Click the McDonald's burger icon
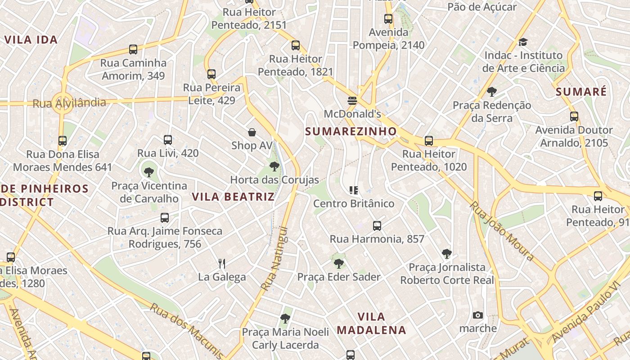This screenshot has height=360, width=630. (x=352, y=100)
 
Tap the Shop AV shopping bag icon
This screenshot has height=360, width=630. (x=252, y=132)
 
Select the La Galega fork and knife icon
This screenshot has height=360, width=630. (x=221, y=263)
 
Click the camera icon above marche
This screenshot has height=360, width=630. (x=478, y=315)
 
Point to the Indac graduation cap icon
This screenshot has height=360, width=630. (x=522, y=42)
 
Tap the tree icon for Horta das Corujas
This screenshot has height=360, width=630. (x=274, y=166)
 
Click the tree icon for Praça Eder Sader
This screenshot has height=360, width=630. (x=339, y=263)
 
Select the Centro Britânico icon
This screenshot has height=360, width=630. (x=354, y=190)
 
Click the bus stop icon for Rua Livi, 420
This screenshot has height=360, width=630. (x=168, y=140)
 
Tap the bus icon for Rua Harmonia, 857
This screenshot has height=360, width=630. (x=377, y=225)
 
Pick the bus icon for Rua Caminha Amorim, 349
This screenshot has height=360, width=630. (x=133, y=49)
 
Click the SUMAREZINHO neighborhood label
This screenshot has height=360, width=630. (x=351, y=131)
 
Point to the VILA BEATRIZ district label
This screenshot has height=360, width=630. (x=233, y=197)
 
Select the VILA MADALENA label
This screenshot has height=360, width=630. (x=371, y=323)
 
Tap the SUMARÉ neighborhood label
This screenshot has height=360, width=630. (x=581, y=92)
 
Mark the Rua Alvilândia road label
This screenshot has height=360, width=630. (x=69, y=103)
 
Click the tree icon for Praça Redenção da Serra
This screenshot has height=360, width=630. (x=491, y=92)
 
